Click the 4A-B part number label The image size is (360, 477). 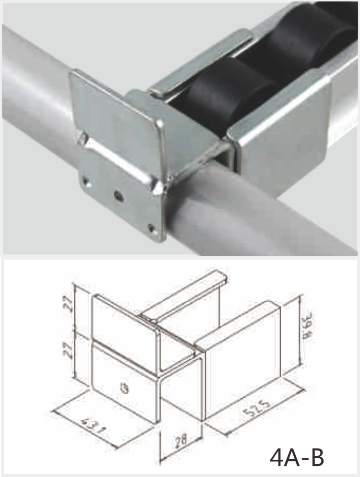point(297,457)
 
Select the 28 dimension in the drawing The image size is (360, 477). point(181,440)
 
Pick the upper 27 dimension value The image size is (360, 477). point(70,305)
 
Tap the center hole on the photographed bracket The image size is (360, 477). point(118,195)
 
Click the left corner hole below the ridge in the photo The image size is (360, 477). point(86,182)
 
